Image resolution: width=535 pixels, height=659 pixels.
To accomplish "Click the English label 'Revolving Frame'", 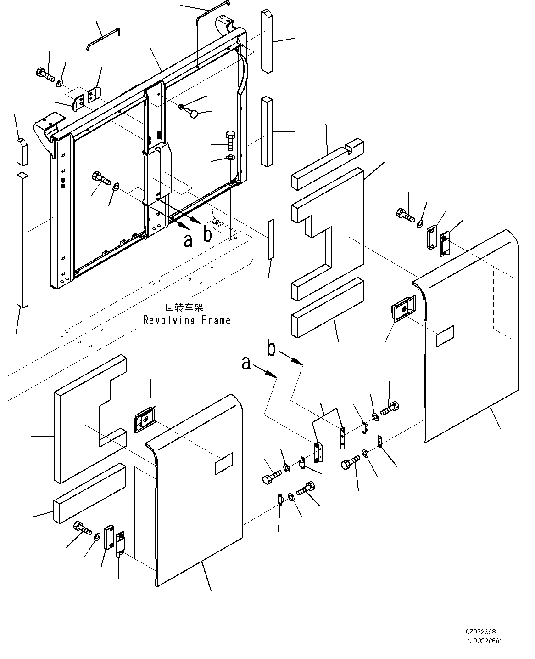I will (x=187, y=320).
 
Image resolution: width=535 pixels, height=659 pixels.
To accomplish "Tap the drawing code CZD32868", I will (x=481, y=632).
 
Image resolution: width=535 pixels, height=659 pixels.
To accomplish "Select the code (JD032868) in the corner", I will (x=484, y=640).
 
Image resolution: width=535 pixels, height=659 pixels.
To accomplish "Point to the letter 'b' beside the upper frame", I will (x=207, y=235).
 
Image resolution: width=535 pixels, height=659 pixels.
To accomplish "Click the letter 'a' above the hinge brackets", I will (x=247, y=364).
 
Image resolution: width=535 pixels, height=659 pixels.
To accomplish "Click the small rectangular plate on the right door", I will (x=445, y=336).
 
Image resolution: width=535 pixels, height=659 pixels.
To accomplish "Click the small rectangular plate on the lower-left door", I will (x=223, y=466).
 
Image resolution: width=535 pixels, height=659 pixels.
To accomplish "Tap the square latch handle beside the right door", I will (x=402, y=309).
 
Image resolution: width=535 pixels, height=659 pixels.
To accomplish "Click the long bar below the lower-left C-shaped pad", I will (x=89, y=493).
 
